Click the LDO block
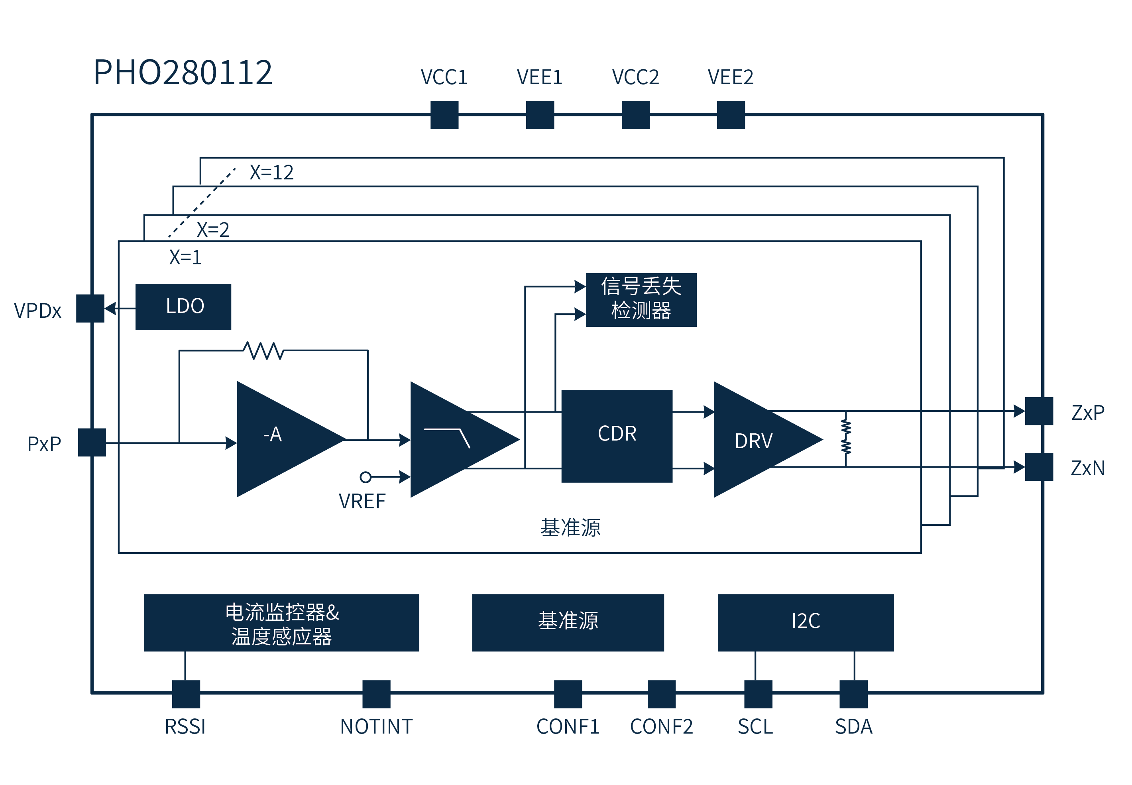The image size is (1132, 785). [x=183, y=307]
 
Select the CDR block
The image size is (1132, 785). [x=616, y=436]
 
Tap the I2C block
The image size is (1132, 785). [x=805, y=622]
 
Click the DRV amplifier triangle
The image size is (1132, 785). [x=757, y=439]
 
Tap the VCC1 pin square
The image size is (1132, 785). [x=444, y=114]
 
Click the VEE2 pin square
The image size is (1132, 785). [x=730, y=114]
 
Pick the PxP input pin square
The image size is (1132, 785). [x=91, y=442]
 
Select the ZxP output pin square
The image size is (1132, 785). [x=1039, y=411]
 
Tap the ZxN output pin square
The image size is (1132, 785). [x=1039, y=466]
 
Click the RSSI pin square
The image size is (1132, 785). [x=186, y=694]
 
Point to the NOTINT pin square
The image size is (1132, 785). [x=376, y=694]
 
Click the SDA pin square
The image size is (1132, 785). [x=853, y=694]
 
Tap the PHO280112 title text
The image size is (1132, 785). [x=183, y=72]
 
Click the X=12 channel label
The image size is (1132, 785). [x=271, y=172]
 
